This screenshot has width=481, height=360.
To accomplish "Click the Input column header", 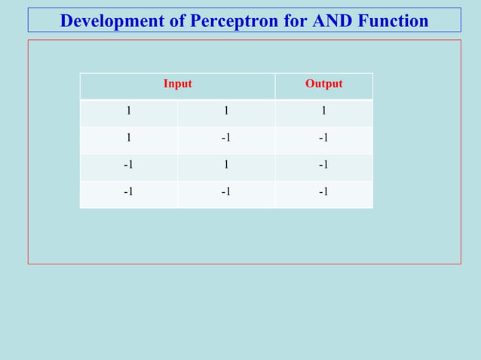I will click(178, 84).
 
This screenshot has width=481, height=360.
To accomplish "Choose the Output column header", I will click(323, 84).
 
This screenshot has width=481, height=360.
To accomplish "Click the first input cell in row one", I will click(129, 111).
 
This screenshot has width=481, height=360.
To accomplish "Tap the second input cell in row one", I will click(226, 111).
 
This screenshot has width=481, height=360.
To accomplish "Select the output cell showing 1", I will click(323, 111).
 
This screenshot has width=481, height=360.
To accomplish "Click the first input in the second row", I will click(129, 138).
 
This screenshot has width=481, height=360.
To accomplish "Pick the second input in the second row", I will click(226, 138).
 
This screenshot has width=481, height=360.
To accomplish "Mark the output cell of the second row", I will click(323, 138).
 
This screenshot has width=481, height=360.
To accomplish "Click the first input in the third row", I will click(129, 165).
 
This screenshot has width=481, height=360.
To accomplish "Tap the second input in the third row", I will click(226, 165).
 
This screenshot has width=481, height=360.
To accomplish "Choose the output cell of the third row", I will click(323, 165).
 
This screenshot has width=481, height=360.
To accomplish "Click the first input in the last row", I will click(129, 192).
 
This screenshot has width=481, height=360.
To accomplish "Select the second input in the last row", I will click(226, 192).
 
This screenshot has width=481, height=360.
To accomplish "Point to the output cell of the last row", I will click(323, 192).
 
